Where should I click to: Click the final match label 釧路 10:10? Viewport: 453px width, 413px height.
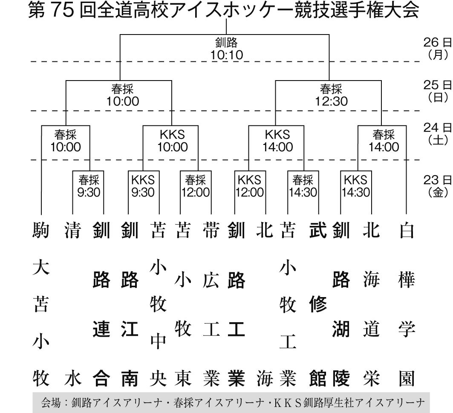226,49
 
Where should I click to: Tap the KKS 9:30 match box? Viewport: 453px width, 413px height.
143,185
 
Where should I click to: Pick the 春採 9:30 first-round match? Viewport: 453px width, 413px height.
89,185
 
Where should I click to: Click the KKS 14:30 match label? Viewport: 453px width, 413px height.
355,185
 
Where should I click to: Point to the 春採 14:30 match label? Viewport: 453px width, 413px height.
303,185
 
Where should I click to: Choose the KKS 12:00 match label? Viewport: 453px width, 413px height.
250,185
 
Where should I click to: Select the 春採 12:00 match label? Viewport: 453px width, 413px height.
195,185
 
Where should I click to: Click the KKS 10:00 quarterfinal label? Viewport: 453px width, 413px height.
172,141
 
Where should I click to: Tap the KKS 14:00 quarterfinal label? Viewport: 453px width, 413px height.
278,141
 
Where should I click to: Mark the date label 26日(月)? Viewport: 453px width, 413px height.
437,48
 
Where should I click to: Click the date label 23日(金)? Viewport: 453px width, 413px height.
437,185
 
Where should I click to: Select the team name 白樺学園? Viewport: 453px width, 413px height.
406,305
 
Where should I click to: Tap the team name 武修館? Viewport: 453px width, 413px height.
317,305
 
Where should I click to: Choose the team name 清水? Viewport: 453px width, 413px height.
72,305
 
